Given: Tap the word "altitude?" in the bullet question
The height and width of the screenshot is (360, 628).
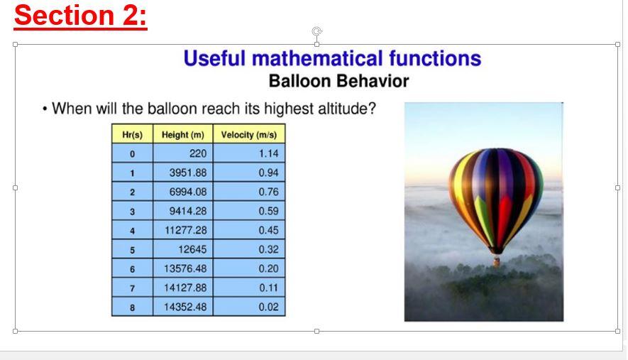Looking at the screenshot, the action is [347, 109].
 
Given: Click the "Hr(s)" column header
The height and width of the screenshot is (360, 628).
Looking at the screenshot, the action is [132, 135].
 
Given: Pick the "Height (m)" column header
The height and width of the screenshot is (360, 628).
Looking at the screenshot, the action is [183, 135].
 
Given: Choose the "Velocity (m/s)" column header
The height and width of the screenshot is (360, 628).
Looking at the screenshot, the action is [249, 135].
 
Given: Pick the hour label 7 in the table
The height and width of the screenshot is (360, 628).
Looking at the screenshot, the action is [132, 288].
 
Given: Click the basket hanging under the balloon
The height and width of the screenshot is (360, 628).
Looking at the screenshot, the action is [497, 262].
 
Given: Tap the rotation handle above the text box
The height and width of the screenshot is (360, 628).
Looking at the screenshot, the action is [316, 31].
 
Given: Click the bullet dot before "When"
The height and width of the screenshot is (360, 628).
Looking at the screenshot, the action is [45, 109].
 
